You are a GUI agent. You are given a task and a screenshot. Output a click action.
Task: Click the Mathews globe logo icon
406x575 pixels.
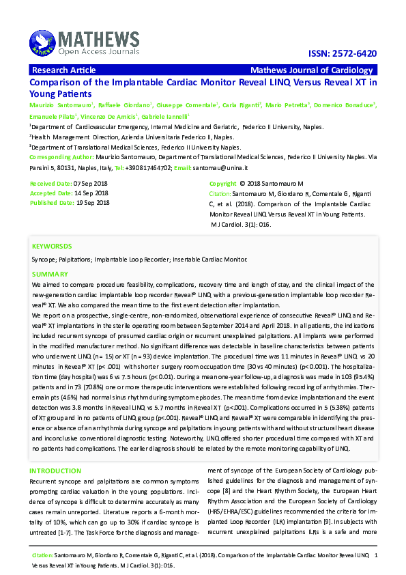pos(42,43)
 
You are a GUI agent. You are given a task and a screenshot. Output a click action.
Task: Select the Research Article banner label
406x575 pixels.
pos(63,70)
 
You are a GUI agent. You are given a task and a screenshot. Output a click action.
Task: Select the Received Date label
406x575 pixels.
pos(50,184)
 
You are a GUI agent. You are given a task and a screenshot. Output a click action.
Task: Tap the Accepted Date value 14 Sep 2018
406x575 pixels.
pos(91,193)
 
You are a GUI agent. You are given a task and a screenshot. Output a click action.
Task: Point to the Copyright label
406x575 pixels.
pos(222,184)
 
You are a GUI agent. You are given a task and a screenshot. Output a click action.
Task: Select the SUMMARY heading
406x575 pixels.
pos(50,274)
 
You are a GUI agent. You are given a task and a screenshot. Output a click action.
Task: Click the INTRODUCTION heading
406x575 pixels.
pos(55,471)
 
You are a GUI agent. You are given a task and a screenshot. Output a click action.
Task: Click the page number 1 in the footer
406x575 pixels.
pos(376,557)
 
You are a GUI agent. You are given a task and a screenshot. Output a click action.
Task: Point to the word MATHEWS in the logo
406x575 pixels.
pos(98,38)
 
